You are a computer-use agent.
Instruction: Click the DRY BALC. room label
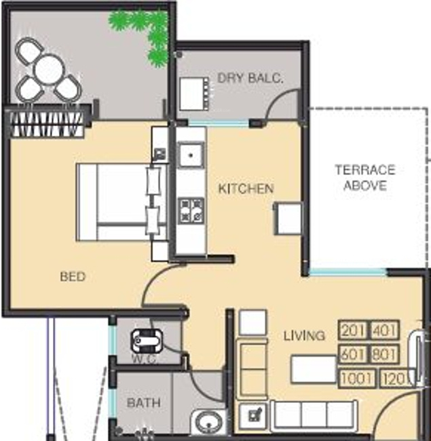coord(250,78)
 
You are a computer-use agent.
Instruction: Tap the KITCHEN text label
coord(246,189)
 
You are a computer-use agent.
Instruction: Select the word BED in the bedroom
coord(73,277)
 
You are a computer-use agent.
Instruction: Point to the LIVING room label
coord(304,335)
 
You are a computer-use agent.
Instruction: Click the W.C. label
coord(145,359)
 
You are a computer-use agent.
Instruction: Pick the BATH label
coord(144,402)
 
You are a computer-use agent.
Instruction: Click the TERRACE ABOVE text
coord(365,178)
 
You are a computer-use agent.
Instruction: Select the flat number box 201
coord(353,332)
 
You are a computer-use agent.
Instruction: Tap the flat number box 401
coord(385,332)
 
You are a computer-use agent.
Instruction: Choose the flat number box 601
coord(353,355)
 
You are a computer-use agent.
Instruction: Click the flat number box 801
coord(385,355)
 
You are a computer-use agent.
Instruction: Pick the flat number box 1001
coord(357,378)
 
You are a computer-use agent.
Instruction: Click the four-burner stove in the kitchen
coord(191,210)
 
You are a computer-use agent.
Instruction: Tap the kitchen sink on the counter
coord(191,156)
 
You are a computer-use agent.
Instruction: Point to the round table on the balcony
coord(48,69)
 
